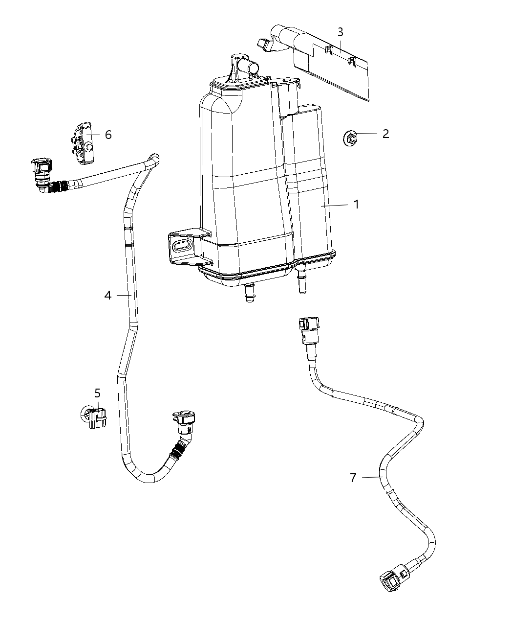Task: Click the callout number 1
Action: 356,204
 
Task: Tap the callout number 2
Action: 385,134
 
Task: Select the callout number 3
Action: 340,32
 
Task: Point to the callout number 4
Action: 107,295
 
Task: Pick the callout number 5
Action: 97,393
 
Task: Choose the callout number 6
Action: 108,134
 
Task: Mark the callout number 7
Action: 353,477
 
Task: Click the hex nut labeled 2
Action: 350,138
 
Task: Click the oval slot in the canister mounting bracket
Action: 183,246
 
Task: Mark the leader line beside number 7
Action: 371,477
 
